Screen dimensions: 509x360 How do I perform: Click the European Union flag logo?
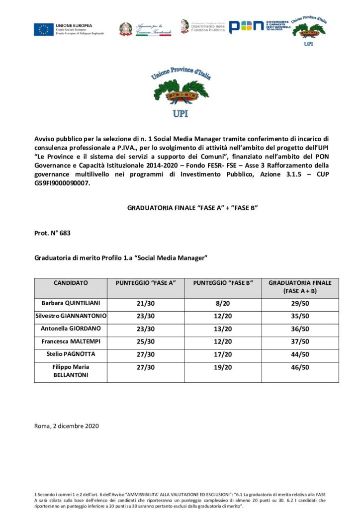(44, 29)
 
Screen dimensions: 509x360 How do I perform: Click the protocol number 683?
(65, 233)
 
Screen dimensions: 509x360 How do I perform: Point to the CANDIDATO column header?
(71, 283)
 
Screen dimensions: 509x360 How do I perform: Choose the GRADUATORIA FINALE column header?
(300, 286)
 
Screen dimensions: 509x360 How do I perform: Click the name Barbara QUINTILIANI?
(71, 302)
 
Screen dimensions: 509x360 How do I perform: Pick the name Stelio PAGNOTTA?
(71, 354)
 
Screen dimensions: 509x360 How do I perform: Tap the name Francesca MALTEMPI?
(71, 341)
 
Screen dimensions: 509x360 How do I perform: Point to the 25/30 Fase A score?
(145, 341)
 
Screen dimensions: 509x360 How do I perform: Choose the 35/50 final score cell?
(300, 316)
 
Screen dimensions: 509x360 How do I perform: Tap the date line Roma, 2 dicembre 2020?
(67, 426)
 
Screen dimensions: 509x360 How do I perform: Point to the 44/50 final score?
(300, 354)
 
